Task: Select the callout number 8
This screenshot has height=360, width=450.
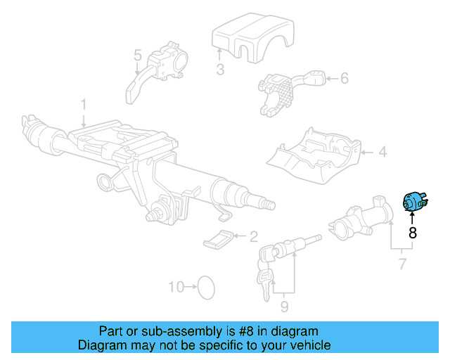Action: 413,232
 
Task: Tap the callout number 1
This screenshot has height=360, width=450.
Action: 83,104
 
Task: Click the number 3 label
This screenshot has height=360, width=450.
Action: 220,69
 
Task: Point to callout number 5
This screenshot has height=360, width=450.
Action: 138,55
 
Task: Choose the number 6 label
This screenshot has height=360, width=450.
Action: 344,78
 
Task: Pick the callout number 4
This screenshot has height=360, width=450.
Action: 382,151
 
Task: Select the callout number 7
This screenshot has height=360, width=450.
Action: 402,264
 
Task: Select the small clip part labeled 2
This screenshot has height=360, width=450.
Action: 219,239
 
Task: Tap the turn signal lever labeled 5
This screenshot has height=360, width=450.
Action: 158,68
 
